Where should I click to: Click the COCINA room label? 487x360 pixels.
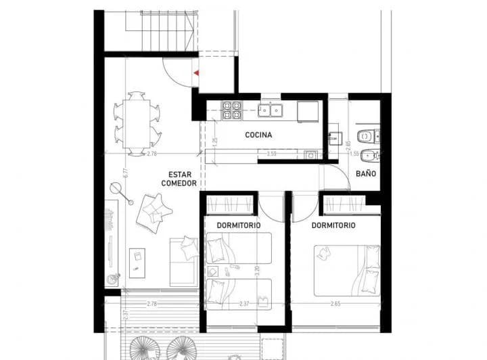(258, 135)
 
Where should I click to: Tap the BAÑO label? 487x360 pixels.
(367, 173)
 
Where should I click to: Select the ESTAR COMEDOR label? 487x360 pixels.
(179, 179)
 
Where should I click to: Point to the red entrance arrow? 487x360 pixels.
(195, 70)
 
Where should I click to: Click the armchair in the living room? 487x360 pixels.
(153, 210)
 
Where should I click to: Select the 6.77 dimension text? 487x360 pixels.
(125, 173)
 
